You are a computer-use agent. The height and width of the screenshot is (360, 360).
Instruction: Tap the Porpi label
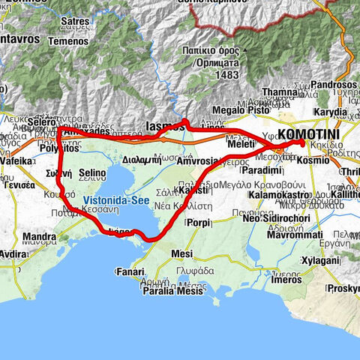coord(199,223)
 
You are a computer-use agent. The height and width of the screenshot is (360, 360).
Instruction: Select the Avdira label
coord(13,253)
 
